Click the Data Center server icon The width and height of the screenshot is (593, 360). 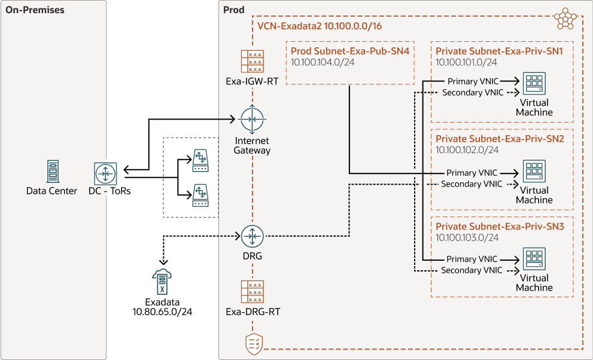(51, 172)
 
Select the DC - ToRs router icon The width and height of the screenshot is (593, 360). (107, 173)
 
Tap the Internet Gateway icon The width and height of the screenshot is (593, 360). (252, 120)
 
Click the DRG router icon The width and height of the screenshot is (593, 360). (252, 236)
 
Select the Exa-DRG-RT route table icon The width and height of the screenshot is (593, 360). (252, 292)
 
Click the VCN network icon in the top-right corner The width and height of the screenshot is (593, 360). (565, 19)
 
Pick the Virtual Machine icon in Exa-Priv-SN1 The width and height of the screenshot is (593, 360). (533, 83)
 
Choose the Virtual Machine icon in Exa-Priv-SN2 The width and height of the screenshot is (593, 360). (533, 171)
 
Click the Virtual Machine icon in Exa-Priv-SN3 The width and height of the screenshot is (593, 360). (533, 258)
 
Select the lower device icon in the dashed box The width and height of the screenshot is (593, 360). (200, 196)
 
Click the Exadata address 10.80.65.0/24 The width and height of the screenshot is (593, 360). (162, 312)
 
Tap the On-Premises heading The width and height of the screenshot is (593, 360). (35, 10)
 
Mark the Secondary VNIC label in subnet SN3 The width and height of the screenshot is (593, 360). (472, 270)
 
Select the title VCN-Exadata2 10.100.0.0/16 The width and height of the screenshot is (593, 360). (320, 26)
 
